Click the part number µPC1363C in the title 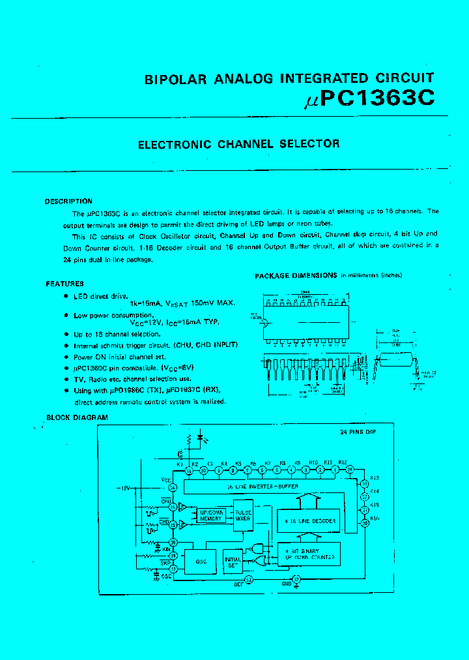[369, 98]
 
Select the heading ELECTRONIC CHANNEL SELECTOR [238, 144]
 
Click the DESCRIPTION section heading [68, 202]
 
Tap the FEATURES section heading [64, 284]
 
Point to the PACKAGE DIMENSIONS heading [296, 276]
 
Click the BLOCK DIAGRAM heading [77, 417]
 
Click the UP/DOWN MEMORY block [211, 515]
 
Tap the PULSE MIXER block [243, 515]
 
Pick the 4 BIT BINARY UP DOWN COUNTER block [308, 554]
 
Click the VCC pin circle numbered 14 [173, 487]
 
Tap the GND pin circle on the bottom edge [296, 579]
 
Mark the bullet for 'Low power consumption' [66, 315]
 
